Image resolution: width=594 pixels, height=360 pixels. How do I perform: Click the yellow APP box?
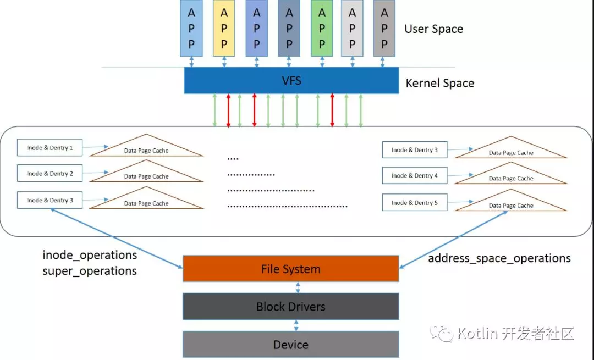224,28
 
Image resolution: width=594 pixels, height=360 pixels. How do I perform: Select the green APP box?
322,28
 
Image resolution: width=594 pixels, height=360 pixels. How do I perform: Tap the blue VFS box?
291,81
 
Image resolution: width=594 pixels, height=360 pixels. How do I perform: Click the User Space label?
433,29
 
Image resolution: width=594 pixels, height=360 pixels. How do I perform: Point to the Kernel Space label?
439,84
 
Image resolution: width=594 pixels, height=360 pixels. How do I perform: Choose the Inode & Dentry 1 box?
50,147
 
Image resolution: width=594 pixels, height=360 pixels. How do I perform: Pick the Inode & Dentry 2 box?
50,173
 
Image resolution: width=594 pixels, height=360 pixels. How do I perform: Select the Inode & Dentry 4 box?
414,175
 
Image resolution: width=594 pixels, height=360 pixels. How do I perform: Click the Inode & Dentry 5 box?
414,202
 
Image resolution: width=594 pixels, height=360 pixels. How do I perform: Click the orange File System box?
291,269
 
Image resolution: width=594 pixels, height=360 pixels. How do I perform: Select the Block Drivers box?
291,307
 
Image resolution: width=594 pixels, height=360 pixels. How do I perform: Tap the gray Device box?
291,345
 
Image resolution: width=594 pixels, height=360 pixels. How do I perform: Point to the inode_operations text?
90,256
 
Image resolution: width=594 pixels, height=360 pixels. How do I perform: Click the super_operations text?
90,271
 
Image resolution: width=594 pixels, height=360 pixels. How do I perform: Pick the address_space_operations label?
499,258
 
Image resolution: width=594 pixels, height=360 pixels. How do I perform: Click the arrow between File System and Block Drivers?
297,287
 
